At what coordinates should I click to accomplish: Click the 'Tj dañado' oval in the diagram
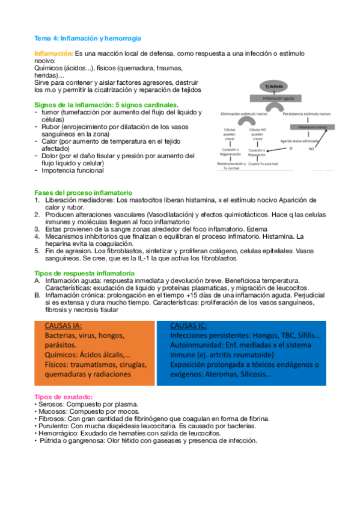tap(276, 86)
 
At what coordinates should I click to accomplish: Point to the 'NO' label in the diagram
tap(328, 148)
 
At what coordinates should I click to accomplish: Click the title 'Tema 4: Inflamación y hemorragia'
tap(88, 38)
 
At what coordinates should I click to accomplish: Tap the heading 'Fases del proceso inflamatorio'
tap(83, 192)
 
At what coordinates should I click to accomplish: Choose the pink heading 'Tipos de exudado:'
tap(63, 398)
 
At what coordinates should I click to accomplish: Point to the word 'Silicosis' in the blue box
tap(252, 374)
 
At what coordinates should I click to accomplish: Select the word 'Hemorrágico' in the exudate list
tap(57, 432)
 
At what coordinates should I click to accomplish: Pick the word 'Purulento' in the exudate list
tap(54, 425)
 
